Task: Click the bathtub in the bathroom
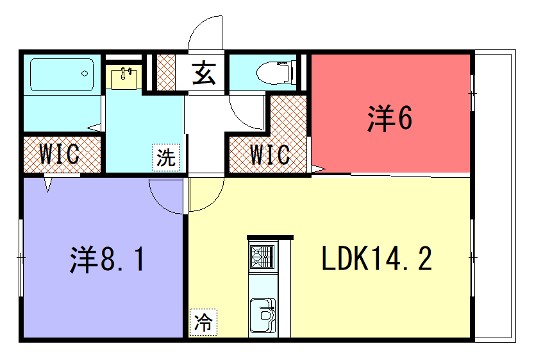(x=61, y=75)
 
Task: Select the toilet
(x=275, y=73)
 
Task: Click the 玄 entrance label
(x=204, y=73)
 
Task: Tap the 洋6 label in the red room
(x=389, y=119)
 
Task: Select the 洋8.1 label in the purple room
(x=108, y=261)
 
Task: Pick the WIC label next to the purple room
(x=60, y=155)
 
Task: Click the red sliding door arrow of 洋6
(x=316, y=164)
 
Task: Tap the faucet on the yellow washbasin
(x=125, y=71)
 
